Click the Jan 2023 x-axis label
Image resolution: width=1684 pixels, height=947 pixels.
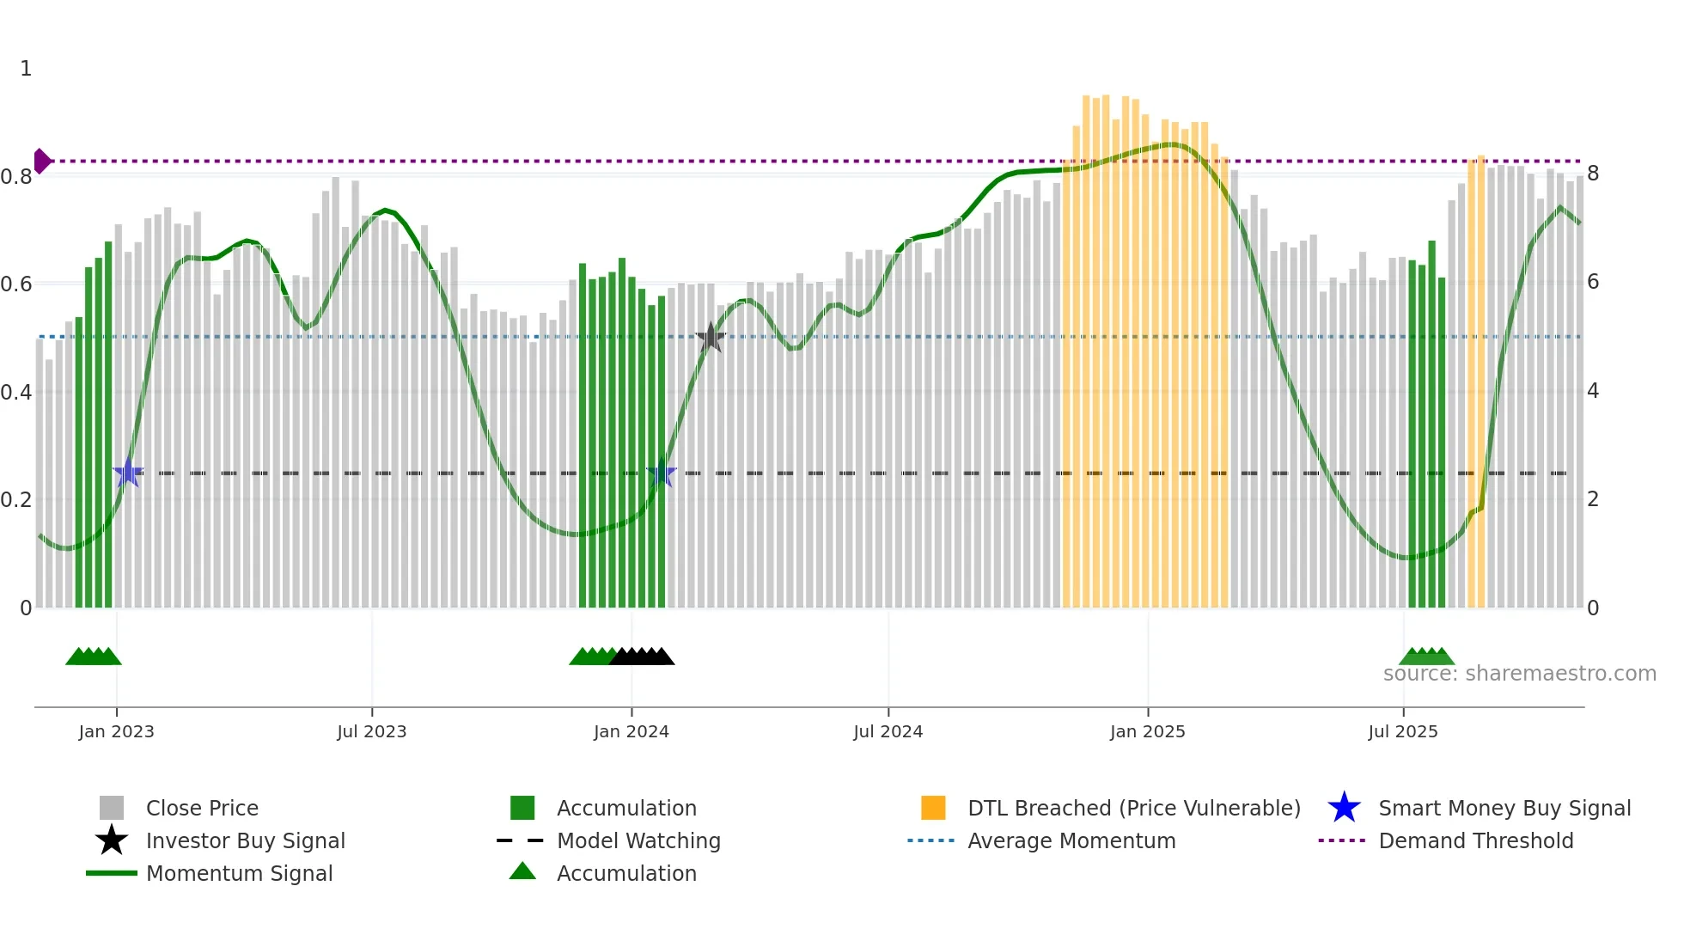(x=116, y=731)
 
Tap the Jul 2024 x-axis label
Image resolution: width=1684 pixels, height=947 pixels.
(x=888, y=731)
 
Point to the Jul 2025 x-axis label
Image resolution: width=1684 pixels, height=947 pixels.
(x=1402, y=731)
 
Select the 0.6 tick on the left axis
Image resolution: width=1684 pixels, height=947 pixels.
(x=17, y=284)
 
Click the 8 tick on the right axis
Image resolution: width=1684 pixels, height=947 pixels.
(x=1593, y=174)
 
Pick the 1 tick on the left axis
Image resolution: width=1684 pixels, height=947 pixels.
(x=26, y=69)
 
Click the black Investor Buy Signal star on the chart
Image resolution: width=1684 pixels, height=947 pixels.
(x=711, y=338)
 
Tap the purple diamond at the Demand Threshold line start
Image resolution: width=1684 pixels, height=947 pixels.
(x=41, y=161)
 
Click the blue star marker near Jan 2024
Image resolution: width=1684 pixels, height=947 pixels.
(x=661, y=473)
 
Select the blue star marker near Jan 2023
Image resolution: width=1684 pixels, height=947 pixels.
(x=128, y=473)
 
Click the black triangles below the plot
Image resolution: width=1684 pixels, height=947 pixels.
(x=642, y=657)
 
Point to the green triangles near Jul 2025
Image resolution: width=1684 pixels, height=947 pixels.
(x=1426, y=657)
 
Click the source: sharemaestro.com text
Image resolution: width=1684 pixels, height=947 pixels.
(x=1519, y=674)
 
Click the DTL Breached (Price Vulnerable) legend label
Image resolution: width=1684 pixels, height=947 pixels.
(x=1133, y=809)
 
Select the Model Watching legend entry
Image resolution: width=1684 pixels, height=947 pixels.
(x=638, y=841)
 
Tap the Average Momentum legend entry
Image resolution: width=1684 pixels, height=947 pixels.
(x=1071, y=841)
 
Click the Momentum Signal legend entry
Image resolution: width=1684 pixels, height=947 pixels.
(x=238, y=874)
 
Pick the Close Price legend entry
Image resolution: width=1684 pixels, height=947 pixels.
(x=201, y=809)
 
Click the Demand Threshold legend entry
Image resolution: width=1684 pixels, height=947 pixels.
(x=1475, y=841)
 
